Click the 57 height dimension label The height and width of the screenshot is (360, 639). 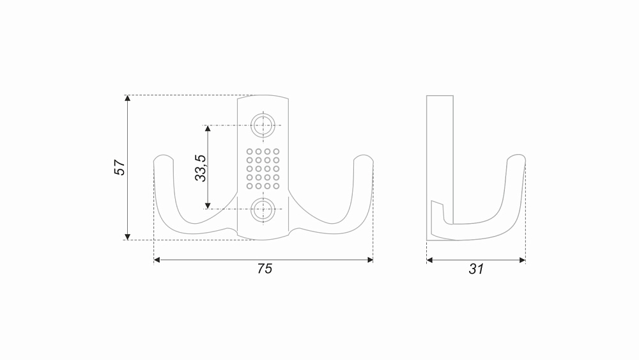119,167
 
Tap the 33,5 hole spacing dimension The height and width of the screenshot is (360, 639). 201,168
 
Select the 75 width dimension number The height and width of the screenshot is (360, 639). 265,269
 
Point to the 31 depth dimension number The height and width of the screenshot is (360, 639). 476,269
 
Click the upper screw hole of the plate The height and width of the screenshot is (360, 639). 263,125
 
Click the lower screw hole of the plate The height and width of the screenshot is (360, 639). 263,210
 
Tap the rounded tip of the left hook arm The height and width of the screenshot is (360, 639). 164,156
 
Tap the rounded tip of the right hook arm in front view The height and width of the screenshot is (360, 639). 364,156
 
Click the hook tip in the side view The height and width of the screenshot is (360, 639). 517,156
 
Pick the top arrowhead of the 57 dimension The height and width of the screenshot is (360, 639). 128,98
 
